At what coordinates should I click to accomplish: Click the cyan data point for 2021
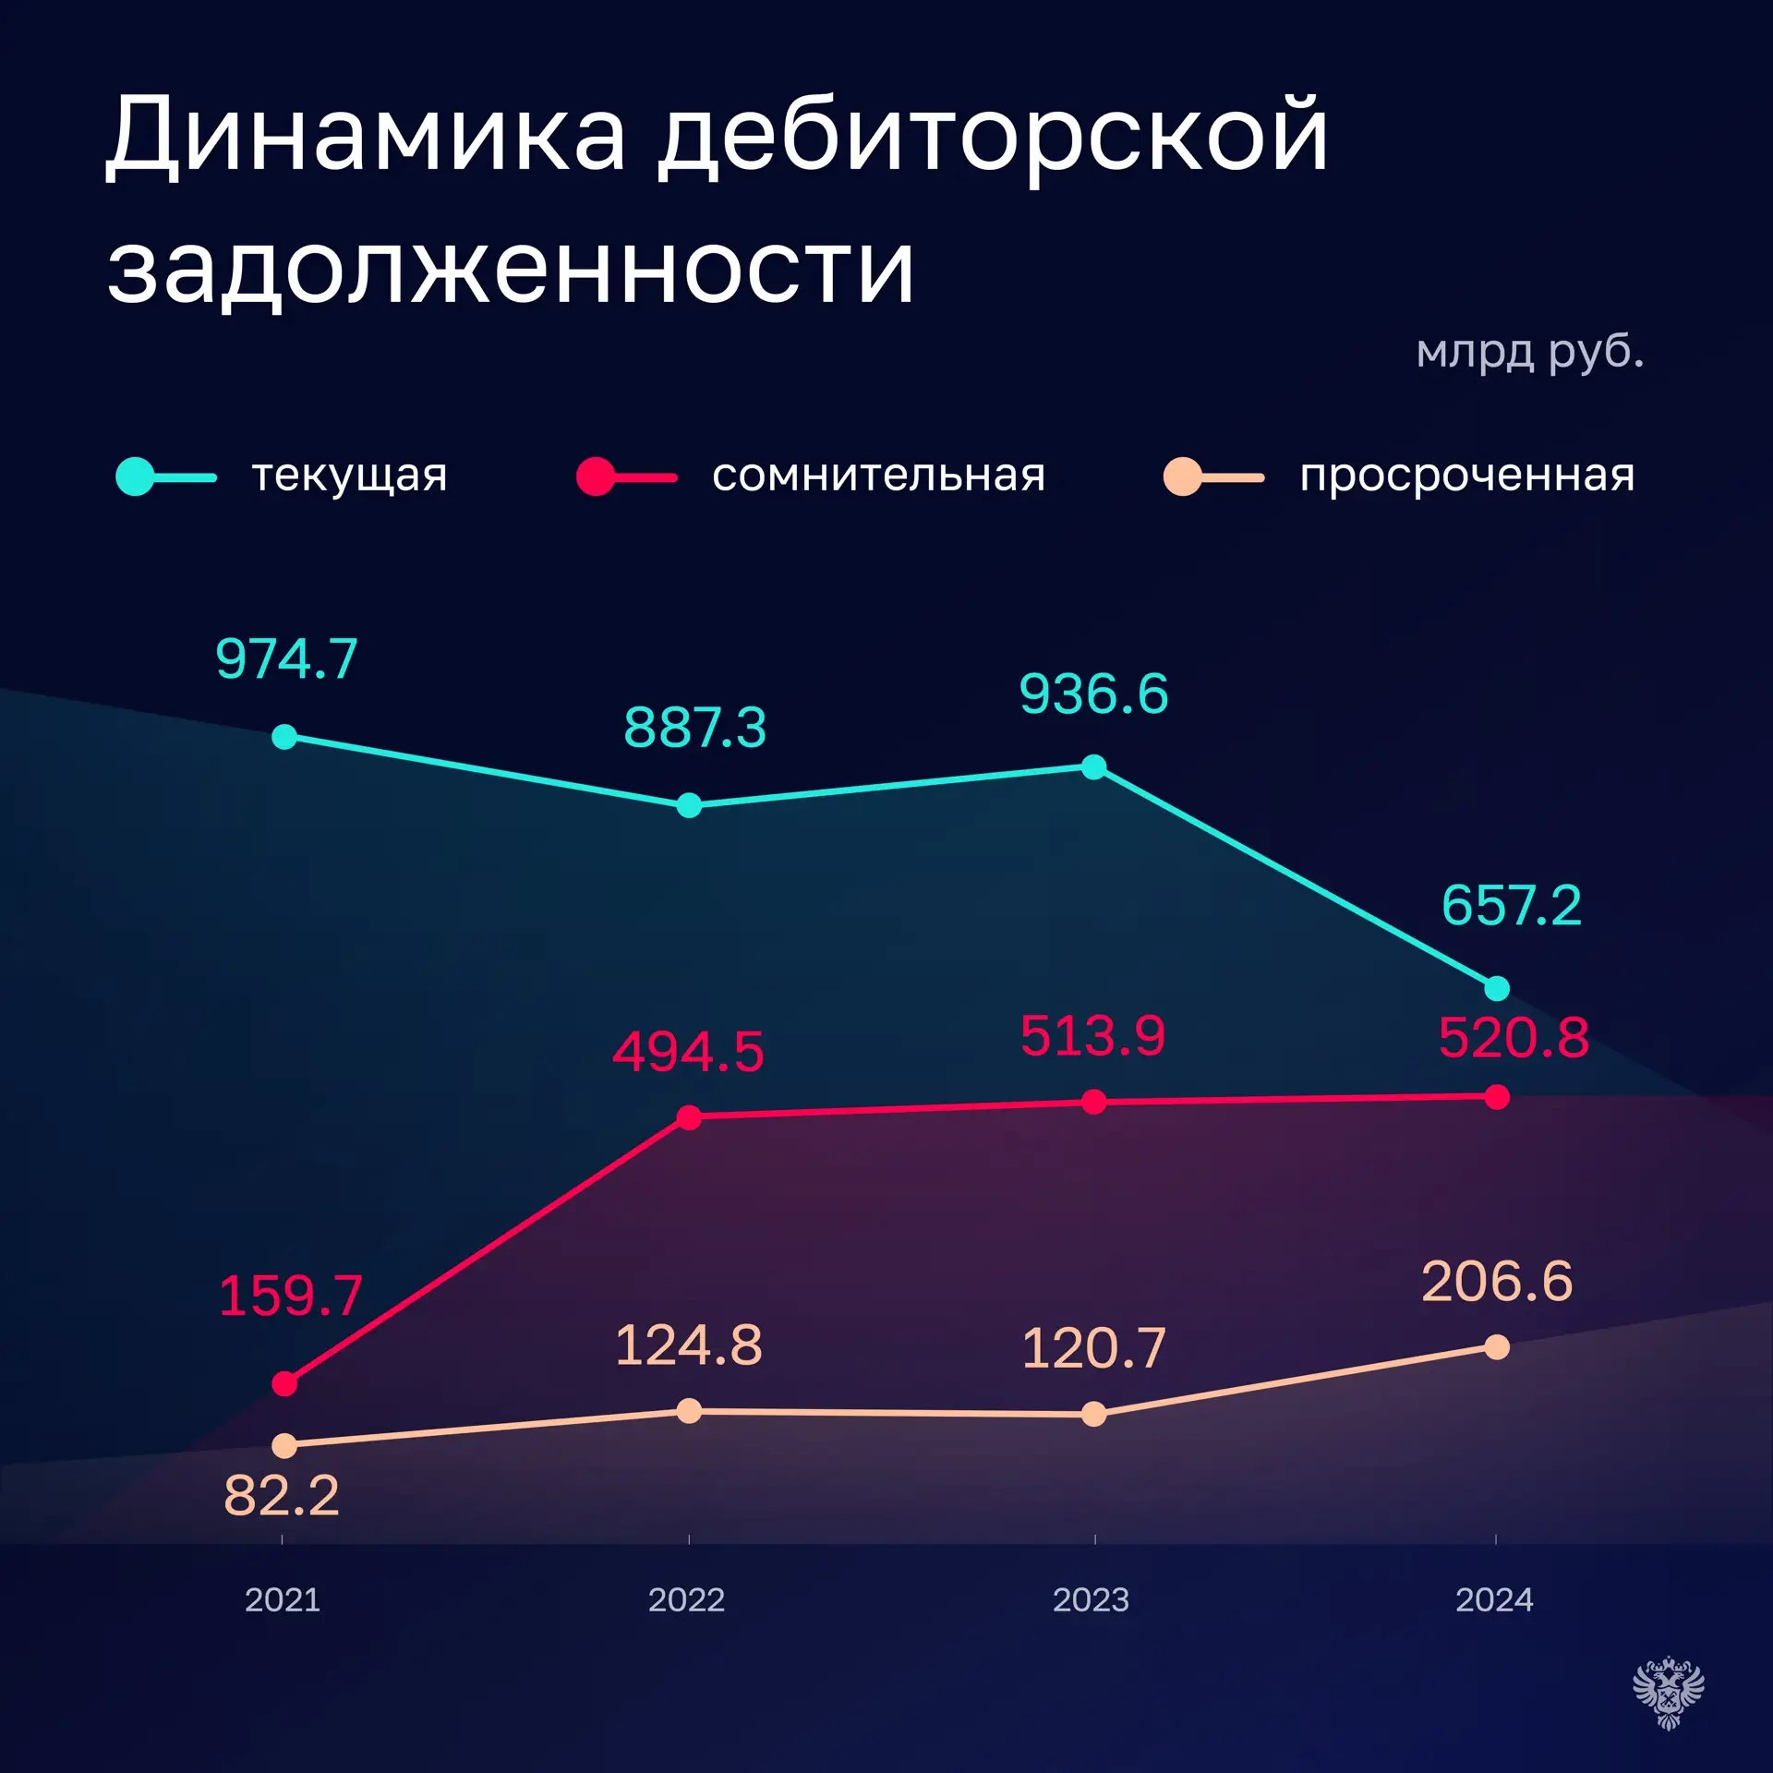284,737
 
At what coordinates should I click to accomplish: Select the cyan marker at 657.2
1497,988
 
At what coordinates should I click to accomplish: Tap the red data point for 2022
689,1117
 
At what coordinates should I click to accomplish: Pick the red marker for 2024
1497,1097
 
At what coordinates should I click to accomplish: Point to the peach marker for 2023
1093,1414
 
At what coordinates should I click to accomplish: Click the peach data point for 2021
284,1445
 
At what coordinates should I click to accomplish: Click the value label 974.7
286,659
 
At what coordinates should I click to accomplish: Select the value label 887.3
694,728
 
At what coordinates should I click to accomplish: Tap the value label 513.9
1092,1036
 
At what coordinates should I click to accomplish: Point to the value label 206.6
1496,1282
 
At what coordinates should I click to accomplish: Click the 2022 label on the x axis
686,1599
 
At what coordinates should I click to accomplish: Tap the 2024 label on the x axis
1494,1599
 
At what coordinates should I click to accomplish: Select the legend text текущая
349,476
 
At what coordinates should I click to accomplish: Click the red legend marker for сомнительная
596,476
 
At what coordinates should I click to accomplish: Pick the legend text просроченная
1466,476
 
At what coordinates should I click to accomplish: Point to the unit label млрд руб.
1529,352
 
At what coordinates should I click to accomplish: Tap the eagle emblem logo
1668,1693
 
